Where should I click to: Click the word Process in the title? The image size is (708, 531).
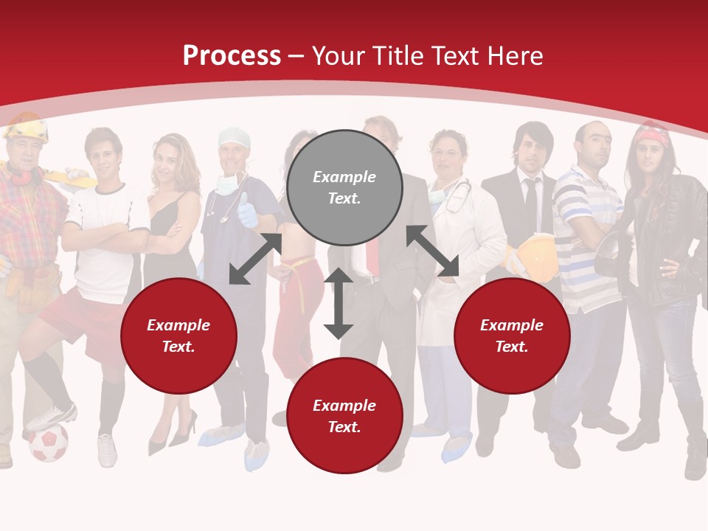232,56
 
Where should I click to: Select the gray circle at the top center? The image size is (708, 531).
344,187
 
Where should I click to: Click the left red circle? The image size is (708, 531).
178,336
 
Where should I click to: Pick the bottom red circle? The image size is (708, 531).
344,416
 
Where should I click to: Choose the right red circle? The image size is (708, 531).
512,336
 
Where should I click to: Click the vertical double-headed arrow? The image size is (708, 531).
339,303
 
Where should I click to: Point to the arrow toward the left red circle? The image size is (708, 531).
255,259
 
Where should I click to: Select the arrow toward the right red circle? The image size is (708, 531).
433,251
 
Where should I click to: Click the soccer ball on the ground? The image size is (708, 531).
49,442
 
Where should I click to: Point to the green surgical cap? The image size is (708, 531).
234,137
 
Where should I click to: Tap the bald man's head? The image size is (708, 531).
594,139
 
